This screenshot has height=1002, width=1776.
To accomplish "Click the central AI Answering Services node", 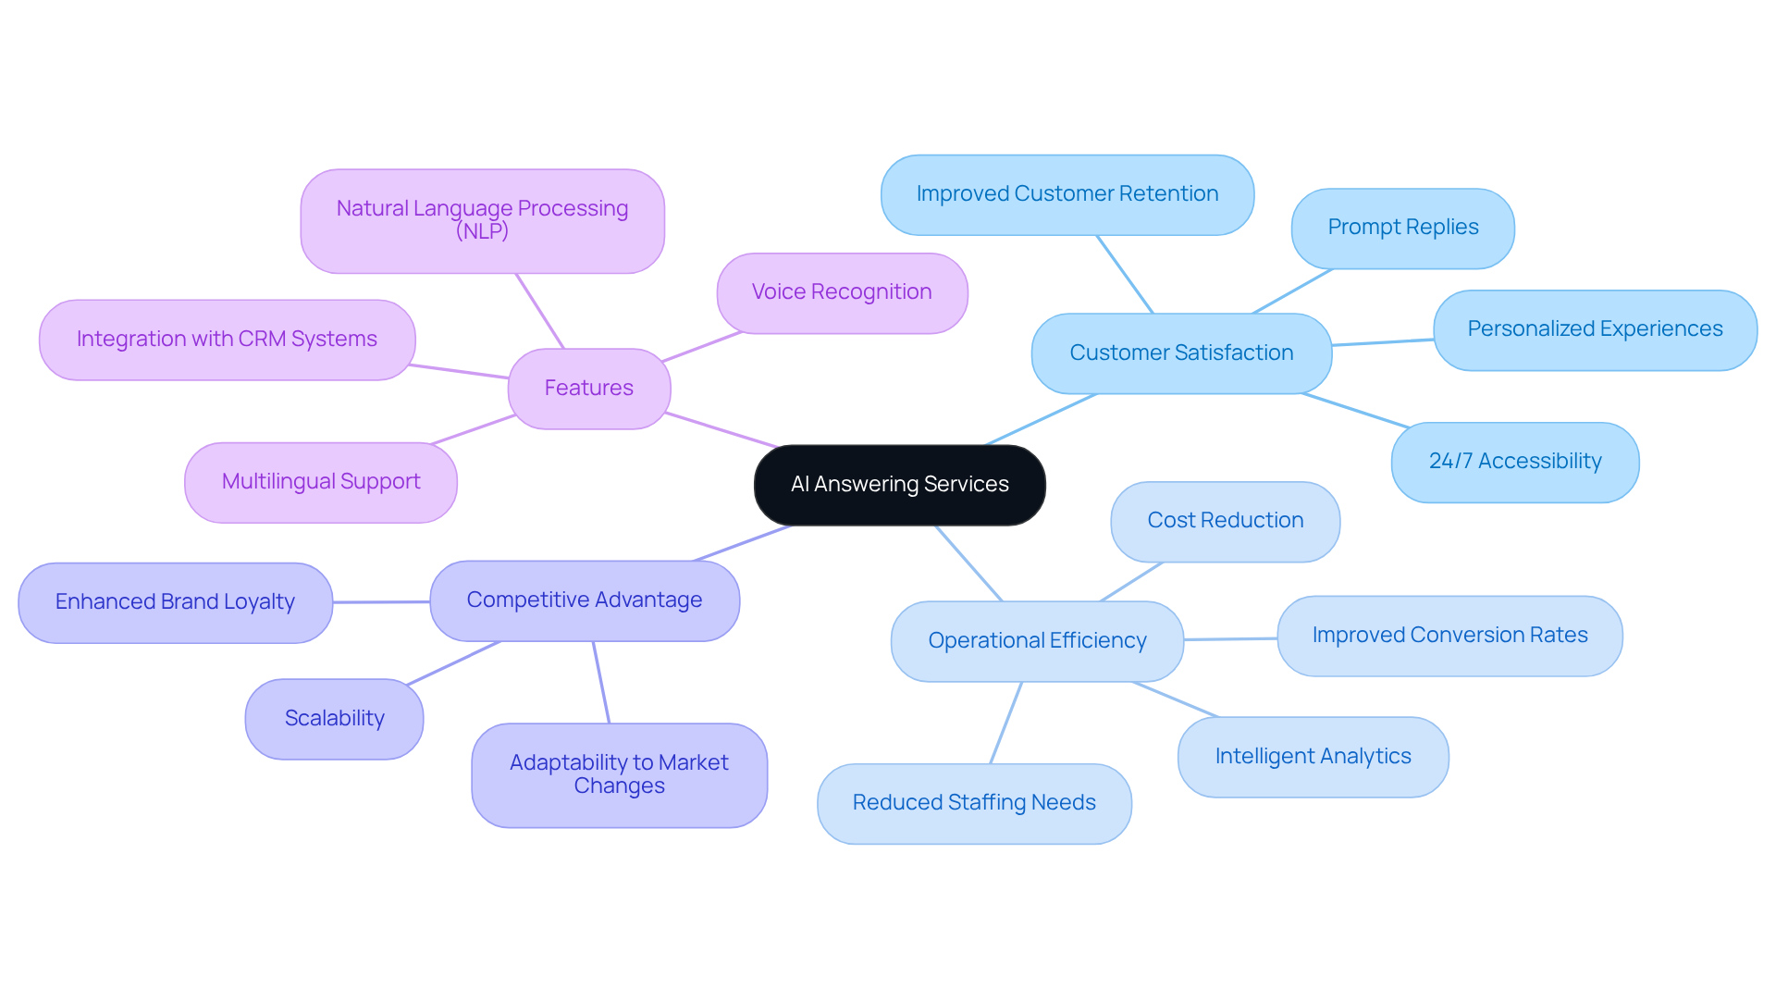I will click(899, 485).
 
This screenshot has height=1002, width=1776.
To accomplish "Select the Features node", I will click(588, 389).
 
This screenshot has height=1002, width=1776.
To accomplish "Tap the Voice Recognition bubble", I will click(842, 292).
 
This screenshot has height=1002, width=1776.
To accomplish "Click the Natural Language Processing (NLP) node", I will click(482, 220).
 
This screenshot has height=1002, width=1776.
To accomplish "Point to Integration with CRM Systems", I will click(227, 340).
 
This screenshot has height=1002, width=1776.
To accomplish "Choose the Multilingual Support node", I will click(320, 482).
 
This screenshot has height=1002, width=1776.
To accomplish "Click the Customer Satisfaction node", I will click(1181, 353).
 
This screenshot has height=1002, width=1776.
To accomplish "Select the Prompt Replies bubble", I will click(1402, 228).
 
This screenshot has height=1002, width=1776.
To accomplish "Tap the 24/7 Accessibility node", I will click(1514, 462).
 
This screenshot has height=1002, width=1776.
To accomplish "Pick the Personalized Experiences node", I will click(1594, 329).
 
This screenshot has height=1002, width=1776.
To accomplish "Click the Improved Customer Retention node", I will click(1067, 194).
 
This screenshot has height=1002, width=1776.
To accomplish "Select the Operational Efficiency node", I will click(1037, 641).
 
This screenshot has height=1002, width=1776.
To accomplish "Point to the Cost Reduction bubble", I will click(1225, 521).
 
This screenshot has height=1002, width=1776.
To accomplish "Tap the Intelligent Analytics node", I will click(1313, 757).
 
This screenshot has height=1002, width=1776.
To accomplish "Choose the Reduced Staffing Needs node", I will click(973, 803).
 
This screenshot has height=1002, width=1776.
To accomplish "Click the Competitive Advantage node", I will click(584, 600).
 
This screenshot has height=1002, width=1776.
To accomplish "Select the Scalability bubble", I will click(334, 719).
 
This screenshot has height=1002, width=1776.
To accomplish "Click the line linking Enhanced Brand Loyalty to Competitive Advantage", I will click(381, 602).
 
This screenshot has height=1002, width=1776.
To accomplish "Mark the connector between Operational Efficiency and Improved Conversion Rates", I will click(1230, 639).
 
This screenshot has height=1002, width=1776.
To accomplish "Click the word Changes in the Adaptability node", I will click(619, 786).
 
